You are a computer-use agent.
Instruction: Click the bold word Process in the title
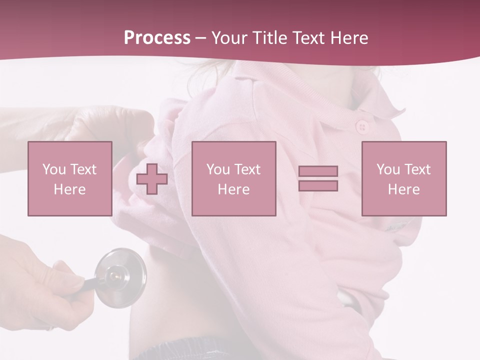(x=157, y=38)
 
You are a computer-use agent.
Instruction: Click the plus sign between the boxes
(x=152, y=179)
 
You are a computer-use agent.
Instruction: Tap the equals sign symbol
(x=318, y=178)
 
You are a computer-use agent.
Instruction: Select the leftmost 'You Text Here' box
(x=70, y=178)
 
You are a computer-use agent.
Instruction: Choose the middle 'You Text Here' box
(x=233, y=178)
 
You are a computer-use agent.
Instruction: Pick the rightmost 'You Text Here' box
(x=404, y=178)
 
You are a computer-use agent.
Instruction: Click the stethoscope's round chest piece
(x=120, y=276)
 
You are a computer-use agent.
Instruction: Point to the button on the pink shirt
(x=362, y=127)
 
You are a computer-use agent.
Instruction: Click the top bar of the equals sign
(x=318, y=171)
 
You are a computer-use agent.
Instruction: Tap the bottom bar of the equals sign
(x=318, y=186)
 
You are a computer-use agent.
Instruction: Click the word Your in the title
(x=227, y=38)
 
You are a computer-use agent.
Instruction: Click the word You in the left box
(x=54, y=169)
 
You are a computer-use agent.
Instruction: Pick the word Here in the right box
(x=404, y=189)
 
